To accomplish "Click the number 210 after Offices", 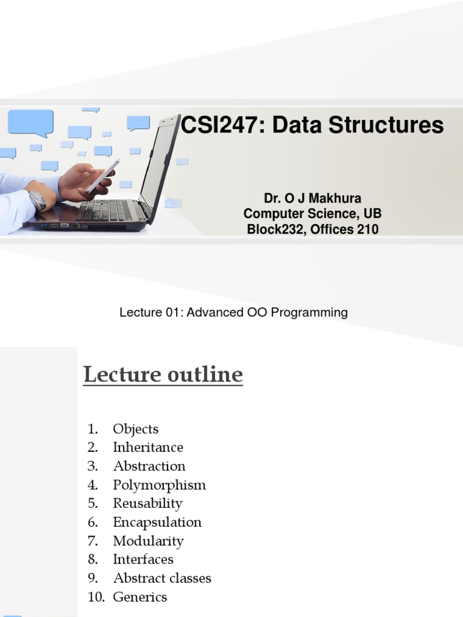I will click(x=367, y=229).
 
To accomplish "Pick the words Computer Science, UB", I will click(x=312, y=214).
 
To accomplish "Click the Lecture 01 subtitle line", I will click(x=233, y=313).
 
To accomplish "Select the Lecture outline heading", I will click(x=163, y=375).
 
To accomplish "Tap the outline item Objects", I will click(x=136, y=429).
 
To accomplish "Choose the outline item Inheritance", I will click(x=148, y=447).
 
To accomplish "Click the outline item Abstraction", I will click(x=149, y=466).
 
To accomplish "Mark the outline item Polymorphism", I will click(x=159, y=484).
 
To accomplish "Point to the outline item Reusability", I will click(x=147, y=503).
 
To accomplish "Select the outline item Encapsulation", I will click(x=157, y=522).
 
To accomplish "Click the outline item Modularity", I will click(x=148, y=540).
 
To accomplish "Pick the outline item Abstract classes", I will click(x=162, y=578).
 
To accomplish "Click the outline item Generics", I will click(x=140, y=597).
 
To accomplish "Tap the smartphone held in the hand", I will click(x=102, y=175).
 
